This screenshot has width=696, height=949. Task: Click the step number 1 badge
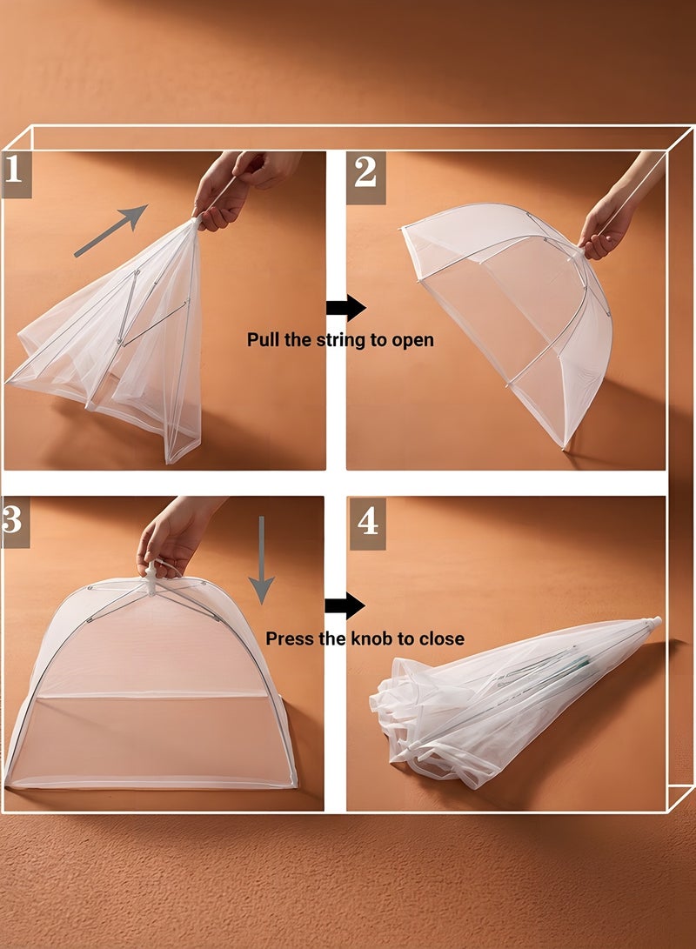coord(16,171)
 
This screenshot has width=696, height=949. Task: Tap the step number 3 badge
coord(15,520)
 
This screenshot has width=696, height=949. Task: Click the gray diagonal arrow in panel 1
coord(110,231)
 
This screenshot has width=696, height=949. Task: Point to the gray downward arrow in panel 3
coord(261,558)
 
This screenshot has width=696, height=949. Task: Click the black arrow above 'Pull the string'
coord(345,307)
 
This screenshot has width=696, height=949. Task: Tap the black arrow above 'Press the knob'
coord(345,606)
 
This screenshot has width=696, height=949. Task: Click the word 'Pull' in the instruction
coord(264,340)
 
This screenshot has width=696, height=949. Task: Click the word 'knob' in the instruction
coord(371,639)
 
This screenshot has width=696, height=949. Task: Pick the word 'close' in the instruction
coord(441,639)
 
